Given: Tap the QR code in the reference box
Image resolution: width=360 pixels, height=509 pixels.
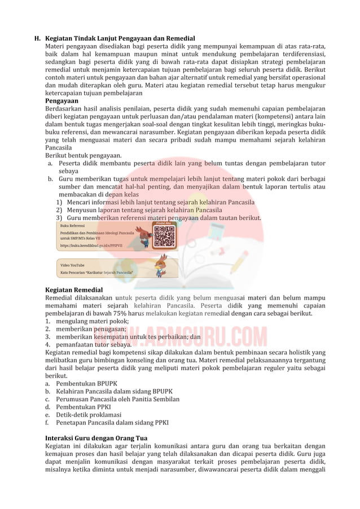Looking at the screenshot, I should point(164,236).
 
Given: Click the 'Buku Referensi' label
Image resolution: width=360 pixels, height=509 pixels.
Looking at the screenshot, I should point(72,225).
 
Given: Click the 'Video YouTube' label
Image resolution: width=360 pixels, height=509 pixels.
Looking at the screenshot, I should point(72,265).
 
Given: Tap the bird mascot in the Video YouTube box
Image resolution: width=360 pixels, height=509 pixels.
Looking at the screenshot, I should point(161,265).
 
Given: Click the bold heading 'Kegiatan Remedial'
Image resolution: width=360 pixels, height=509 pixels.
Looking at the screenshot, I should point(74,290).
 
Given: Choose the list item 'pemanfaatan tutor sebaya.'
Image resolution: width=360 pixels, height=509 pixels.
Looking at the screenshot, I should point(93,344).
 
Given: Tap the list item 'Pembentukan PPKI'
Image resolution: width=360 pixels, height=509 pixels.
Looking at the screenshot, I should point(83,407).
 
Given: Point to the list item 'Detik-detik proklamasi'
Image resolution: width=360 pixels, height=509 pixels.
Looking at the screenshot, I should point(88,415).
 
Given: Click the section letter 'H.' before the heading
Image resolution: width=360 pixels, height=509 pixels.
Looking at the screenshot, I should point(37,38).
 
